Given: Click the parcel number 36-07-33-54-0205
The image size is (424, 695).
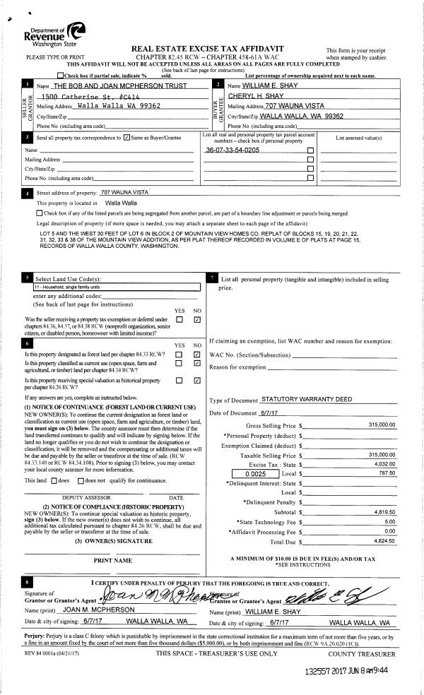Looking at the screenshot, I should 232,150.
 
